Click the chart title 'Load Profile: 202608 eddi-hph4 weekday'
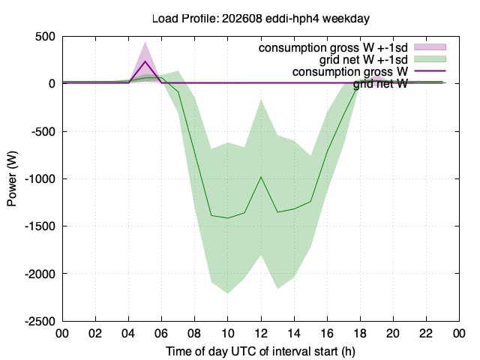pyautogui.click(x=261, y=19)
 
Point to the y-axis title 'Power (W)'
pyautogui.click(x=12, y=178)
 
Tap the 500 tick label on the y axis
pyautogui.click(x=45, y=37)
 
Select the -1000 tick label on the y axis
pyautogui.click(x=40, y=178)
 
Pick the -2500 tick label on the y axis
pyautogui.click(x=40, y=321)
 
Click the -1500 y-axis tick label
pyautogui.click(x=40, y=226)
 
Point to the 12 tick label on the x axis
pyautogui.click(x=261, y=333)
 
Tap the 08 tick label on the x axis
pyautogui.click(x=195, y=333)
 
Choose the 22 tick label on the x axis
pyautogui.click(x=426, y=333)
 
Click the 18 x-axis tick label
pyautogui.click(x=360, y=333)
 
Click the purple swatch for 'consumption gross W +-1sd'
pyautogui.click(x=430, y=46)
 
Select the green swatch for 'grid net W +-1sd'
pyautogui.click(x=430, y=58)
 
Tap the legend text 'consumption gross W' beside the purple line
pyautogui.click(x=350, y=72)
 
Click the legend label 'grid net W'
pyautogui.click(x=380, y=83)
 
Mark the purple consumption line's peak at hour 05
pyautogui.click(x=145, y=61)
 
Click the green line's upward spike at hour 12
pyautogui.click(x=261, y=177)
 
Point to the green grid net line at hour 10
pyautogui.click(x=228, y=218)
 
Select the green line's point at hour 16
pyautogui.click(x=327, y=151)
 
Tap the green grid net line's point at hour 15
pyautogui.click(x=310, y=202)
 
